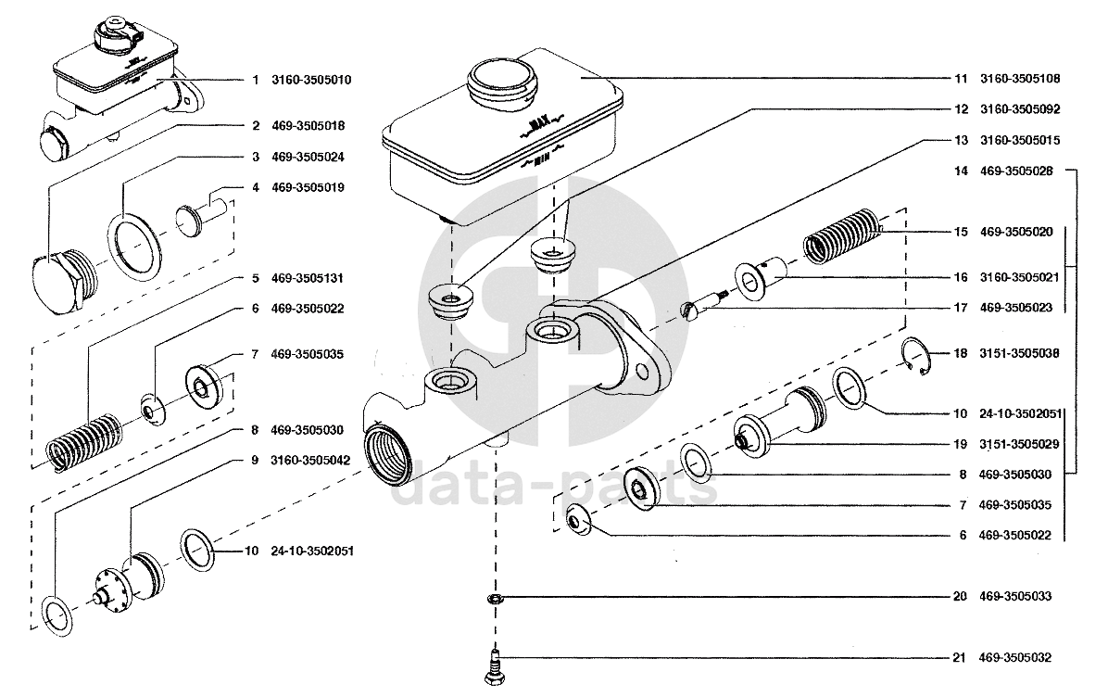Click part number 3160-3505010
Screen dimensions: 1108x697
(x=311, y=80)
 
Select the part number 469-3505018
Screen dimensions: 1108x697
(x=308, y=126)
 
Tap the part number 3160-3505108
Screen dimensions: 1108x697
(x=1020, y=79)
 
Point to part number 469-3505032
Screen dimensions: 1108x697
(x=1014, y=657)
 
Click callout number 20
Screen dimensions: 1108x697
(x=960, y=596)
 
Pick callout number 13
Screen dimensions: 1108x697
(x=961, y=140)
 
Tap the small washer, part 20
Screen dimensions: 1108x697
(x=496, y=600)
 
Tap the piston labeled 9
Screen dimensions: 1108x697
(x=131, y=577)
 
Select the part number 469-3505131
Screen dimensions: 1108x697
(x=308, y=278)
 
